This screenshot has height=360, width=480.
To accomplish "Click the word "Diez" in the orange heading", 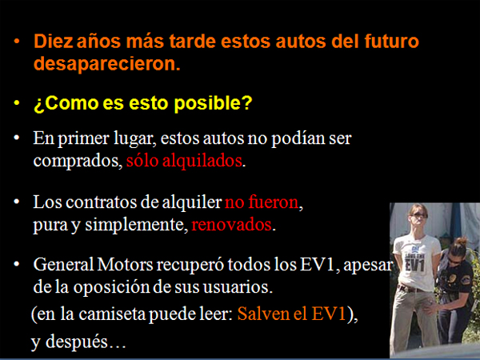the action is pyautogui.click(x=54, y=41).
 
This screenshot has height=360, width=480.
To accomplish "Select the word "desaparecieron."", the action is pyautogui.click(x=107, y=64).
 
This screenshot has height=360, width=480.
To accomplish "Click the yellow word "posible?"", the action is pyautogui.click(x=213, y=103).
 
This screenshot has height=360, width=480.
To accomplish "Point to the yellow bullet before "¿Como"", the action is pyautogui.click(x=17, y=102).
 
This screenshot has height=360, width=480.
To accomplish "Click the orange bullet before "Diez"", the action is pyautogui.click(x=17, y=41).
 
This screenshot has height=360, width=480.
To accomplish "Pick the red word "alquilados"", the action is pyautogui.click(x=202, y=161).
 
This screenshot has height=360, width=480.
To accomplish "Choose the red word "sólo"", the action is pyautogui.click(x=142, y=160).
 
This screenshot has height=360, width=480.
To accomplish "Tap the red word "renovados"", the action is pyautogui.click(x=232, y=225).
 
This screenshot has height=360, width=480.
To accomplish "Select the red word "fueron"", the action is pyautogui.click(x=274, y=202).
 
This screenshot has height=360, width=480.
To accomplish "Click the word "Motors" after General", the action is pyautogui.click(x=125, y=265).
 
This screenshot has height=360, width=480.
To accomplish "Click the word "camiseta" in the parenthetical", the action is pyautogui.click(x=112, y=314).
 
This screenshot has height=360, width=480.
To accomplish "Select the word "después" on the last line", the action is pyautogui.click(x=77, y=342).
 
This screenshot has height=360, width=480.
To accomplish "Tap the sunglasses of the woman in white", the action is pyautogui.click(x=418, y=215).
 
